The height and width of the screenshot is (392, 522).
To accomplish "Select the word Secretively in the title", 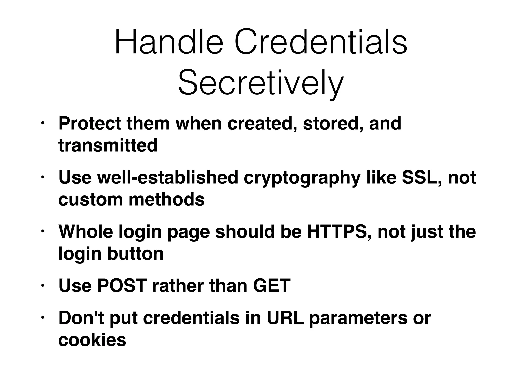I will coord(261,83).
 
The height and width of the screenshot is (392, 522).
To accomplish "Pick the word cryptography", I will coord(302,178).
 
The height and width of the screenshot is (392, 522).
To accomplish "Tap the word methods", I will coord(167,200).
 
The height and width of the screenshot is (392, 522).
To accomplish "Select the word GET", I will coord(272,286).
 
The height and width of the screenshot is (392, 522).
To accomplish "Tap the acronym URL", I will coord(285,318).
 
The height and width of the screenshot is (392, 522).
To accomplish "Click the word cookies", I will coord(92,340).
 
